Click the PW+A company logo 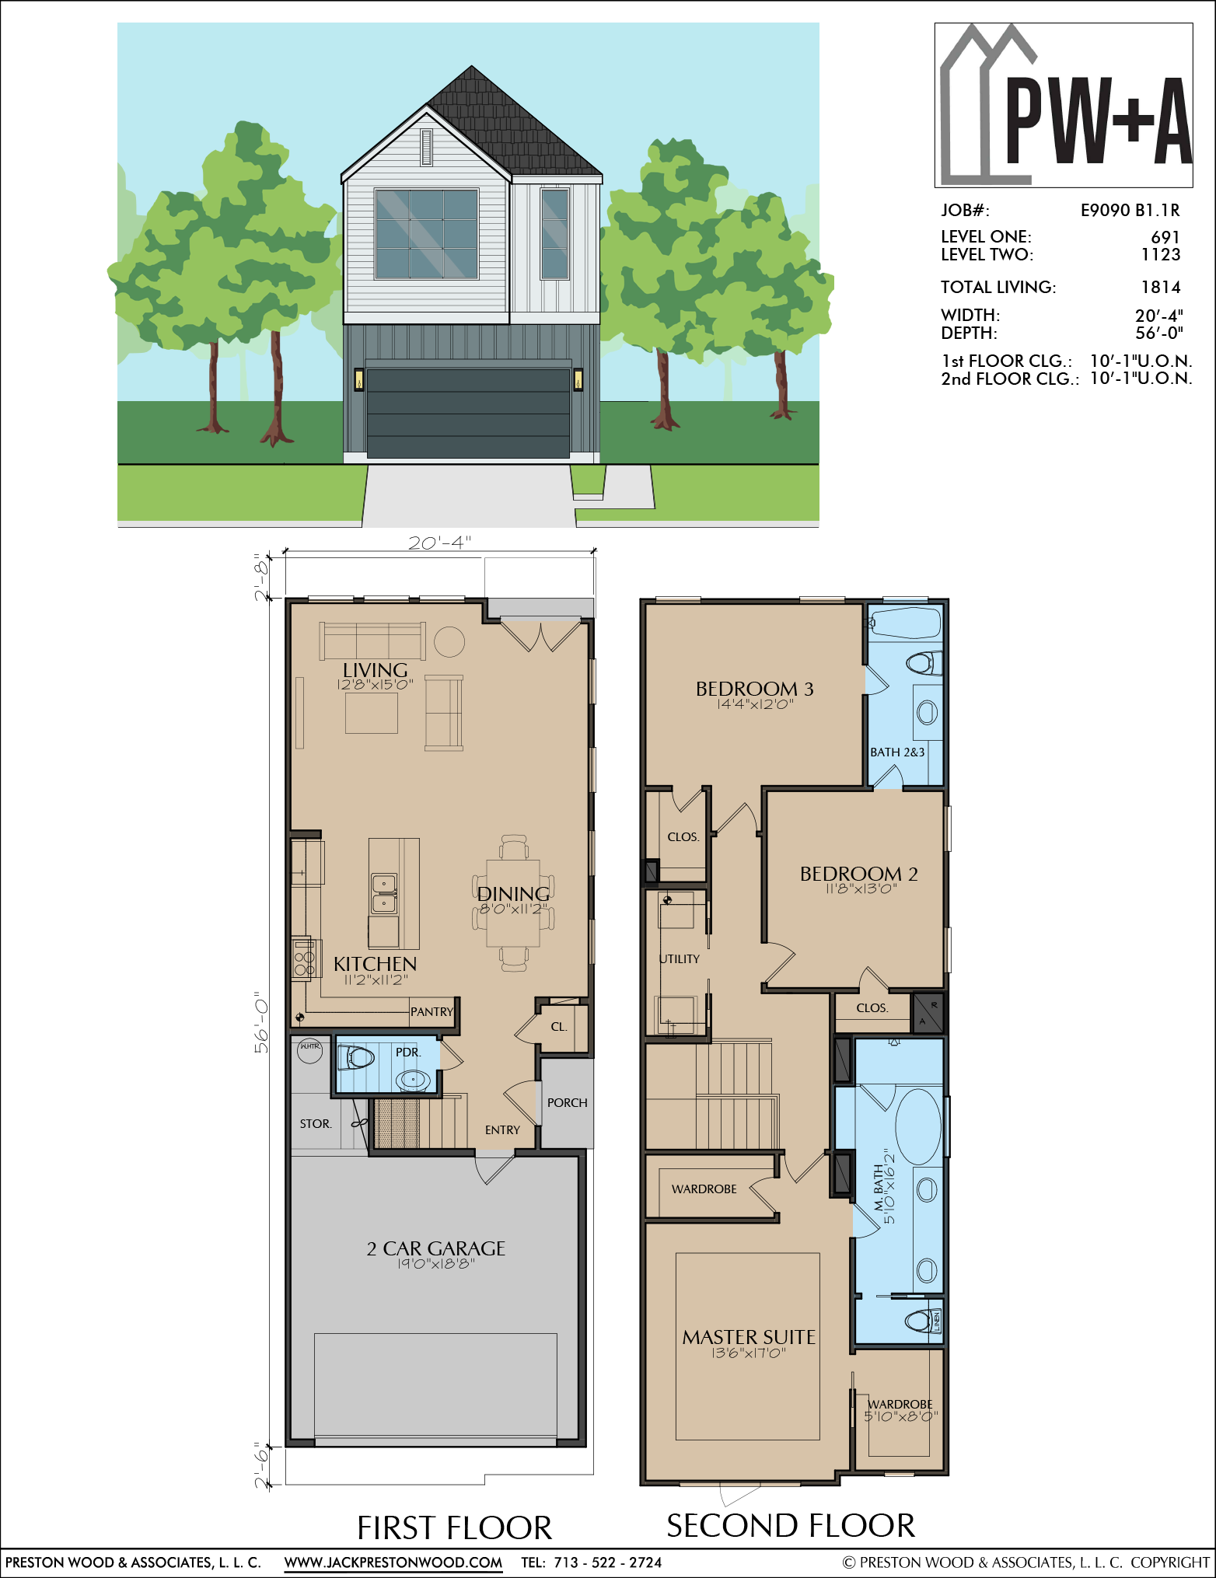click(1063, 105)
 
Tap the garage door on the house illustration click(468, 413)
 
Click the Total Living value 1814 click(1161, 288)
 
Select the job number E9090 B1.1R click(1130, 210)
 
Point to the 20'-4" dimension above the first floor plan click(440, 543)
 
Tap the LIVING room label click(376, 670)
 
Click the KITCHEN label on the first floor click(376, 964)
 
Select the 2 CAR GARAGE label click(436, 1248)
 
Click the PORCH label click(568, 1103)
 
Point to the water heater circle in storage click(310, 1051)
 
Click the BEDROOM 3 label click(754, 689)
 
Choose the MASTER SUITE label click(749, 1337)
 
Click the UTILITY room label click(680, 959)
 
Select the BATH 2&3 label click(897, 752)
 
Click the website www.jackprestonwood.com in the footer click(393, 1562)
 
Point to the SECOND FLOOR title click(791, 1526)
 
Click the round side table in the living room click(449, 642)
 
